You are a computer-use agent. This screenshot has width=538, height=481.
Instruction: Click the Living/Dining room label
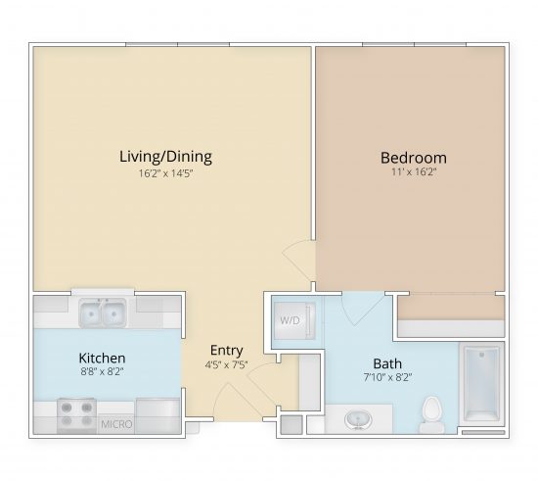(x=165, y=156)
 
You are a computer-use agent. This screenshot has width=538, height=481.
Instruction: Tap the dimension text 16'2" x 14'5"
(x=165, y=174)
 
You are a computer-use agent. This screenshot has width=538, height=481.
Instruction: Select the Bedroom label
(x=413, y=158)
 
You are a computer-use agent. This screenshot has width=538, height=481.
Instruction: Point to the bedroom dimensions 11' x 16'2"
(x=413, y=174)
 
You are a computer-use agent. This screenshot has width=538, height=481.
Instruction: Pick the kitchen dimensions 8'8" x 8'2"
(x=103, y=371)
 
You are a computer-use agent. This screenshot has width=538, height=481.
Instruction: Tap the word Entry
(x=226, y=351)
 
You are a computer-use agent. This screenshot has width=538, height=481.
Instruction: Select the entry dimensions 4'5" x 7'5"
(x=226, y=366)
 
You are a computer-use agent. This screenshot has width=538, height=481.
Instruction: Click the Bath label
(x=387, y=362)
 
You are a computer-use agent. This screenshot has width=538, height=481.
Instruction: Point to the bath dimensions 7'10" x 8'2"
(x=388, y=377)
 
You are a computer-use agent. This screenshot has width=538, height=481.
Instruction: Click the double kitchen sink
(x=102, y=314)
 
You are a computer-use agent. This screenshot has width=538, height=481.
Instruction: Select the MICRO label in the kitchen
(x=117, y=425)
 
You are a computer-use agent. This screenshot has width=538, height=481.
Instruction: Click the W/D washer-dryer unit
(x=291, y=320)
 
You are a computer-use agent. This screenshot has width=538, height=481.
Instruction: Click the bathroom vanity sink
(x=357, y=419)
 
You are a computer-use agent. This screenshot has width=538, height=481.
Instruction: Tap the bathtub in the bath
(x=480, y=382)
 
